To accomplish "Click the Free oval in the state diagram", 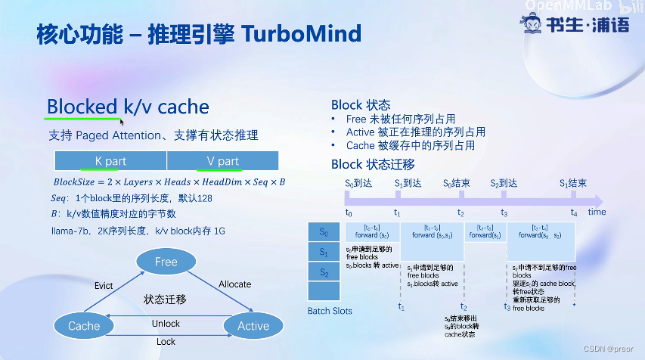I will point(166,262).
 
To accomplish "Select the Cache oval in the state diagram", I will point(83,326).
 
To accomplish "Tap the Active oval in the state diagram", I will point(253,326).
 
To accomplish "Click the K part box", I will point(110,161).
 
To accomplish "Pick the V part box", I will point(222,161).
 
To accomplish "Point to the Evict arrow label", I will point(104,285).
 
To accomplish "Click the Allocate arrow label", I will point(234,284).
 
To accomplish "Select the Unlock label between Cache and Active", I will point(166,324).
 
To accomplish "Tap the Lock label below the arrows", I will point(166,342).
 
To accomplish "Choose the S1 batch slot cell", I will point(324,252).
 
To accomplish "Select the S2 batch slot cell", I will point(324,272).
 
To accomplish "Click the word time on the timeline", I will point(597,213).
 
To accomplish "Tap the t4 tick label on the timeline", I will point(574,213).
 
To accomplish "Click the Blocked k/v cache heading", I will point(128,107).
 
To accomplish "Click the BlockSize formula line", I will point(169,183).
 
